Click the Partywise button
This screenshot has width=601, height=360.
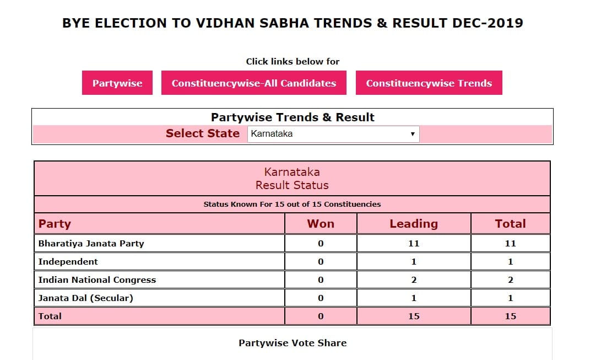(x=117, y=83)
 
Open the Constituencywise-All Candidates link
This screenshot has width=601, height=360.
(x=254, y=83)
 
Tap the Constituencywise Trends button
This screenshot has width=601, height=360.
(x=429, y=83)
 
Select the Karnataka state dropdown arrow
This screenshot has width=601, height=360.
(x=413, y=134)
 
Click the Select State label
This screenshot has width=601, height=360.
(x=202, y=133)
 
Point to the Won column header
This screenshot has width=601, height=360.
(x=321, y=223)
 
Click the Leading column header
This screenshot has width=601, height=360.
(x=414, y=223)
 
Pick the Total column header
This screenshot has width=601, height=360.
(x=510, y=223)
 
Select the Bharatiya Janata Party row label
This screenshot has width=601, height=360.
(x=91, y=244)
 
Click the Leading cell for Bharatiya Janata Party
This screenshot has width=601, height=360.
(x=414, y=244)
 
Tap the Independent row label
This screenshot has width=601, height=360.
(x=68, y=261)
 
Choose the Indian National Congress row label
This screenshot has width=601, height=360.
(x=97, y=280)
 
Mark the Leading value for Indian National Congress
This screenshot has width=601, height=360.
(x=414, y=280)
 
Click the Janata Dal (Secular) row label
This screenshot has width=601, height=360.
(x=85, y=298)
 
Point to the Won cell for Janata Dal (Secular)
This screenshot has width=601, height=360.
(x=321, y=298)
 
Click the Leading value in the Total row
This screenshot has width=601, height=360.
(x=414, y=316)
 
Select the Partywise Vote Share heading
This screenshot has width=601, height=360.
(x=293, y=343)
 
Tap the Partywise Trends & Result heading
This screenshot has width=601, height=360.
(x=293, y=117)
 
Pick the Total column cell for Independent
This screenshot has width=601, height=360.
(x=510, y=261)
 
